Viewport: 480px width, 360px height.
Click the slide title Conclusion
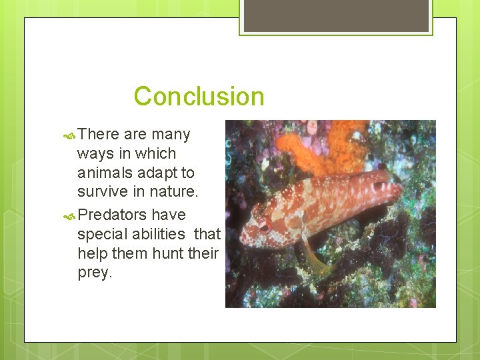click(199, 97)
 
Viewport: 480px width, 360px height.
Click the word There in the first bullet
click(99, 134)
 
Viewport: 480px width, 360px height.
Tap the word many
click(171, 134)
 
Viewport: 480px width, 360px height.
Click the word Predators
click(112, 215)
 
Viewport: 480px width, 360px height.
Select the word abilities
click(159, 234)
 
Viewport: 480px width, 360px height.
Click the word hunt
click(165, 253)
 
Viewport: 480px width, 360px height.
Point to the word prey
click(95, 273)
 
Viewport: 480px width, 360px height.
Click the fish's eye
click(265, 226)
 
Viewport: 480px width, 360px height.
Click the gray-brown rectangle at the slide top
click(336, 15)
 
